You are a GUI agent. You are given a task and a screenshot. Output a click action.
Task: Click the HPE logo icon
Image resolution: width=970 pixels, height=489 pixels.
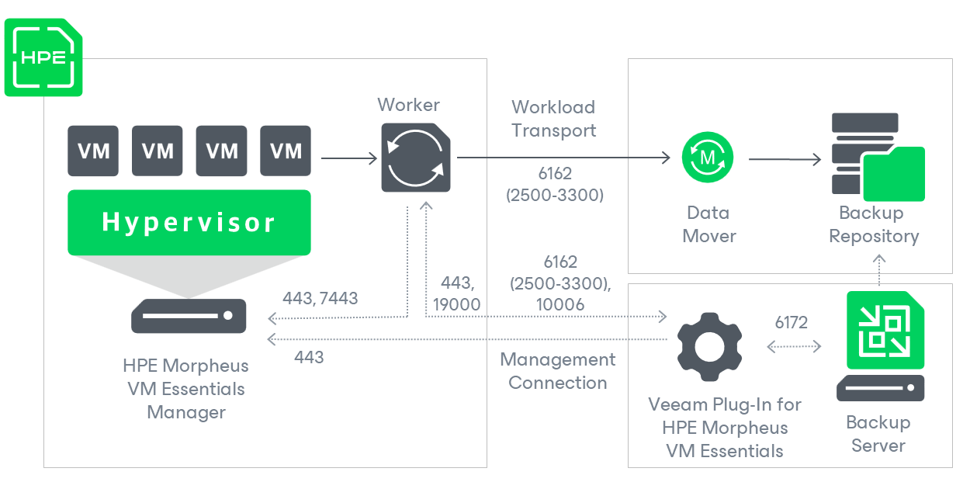pyautogui.click(x=43, y=57)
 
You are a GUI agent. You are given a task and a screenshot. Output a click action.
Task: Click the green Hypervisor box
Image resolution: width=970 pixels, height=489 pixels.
pyautogui.click(x=189, y=223)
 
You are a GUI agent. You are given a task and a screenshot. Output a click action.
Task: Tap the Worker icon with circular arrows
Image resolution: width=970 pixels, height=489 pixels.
pyautogui.click(x=416, y=158)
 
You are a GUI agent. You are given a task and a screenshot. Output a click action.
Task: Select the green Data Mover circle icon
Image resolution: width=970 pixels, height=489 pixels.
pyautogui.click(x=708, y=158)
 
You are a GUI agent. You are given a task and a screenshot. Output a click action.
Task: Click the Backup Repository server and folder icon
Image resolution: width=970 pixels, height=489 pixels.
pyautogui.click(x=878, y=157)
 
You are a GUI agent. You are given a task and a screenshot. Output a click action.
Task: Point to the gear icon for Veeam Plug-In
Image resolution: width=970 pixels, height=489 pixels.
pyautogui.click(x=710, y=346)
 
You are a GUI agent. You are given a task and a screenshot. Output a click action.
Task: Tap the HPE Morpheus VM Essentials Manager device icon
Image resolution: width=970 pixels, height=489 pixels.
pyautogui.click(x=189, y=316)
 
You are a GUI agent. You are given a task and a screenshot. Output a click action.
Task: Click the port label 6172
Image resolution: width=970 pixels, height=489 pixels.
pyautogui.click(x=792, y=322)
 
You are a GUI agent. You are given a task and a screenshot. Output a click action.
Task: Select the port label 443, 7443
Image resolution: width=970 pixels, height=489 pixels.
pyautogui.click(x=320, y=298)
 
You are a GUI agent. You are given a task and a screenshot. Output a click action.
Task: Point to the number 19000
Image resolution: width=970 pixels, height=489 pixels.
pyautogui.click(x=457, y=304)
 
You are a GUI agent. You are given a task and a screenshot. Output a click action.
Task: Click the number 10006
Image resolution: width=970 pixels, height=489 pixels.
pyautogui.click(x=560, y=304)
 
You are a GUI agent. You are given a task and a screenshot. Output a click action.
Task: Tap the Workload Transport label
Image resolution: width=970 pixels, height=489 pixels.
pyautogui.click(x=553, y=119)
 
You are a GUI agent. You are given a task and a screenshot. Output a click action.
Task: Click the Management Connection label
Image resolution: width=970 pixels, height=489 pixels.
pyautogui.click(x=558, y=371)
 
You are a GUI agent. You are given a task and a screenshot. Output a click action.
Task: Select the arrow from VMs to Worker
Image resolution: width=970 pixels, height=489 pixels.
pyautogui.click(x=349, y=158)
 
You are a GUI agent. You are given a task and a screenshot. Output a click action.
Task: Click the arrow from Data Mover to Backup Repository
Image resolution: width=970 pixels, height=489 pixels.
pyautogui.click(x=785, y=159)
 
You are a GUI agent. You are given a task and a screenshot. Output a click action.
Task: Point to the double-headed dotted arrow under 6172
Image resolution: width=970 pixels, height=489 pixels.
pyautogui.click(x=794, y=346)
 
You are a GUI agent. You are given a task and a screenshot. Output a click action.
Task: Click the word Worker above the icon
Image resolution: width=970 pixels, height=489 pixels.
pyautogui.click(x=408, y=105)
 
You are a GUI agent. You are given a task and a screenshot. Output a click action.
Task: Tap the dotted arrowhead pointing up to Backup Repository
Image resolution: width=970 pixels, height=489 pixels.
pyautogui.click(x=879, y=258)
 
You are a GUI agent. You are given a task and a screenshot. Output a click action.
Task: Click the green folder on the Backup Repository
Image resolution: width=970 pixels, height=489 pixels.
pyautogui.click(x=894, y=174)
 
